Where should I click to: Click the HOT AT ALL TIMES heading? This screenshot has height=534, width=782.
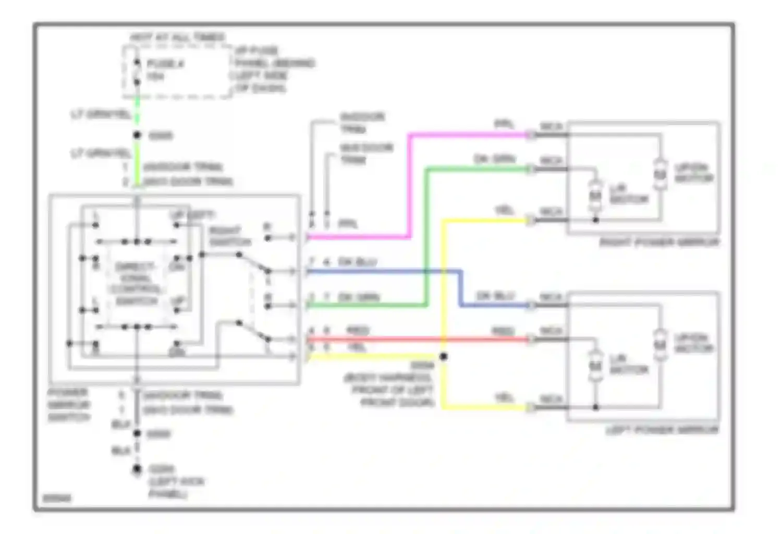coord(177,38)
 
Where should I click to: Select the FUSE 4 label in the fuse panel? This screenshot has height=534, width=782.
coord(165,64)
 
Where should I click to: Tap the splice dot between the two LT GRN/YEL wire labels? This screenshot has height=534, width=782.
coord(137,135)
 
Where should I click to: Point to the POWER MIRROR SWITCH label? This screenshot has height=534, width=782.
coord(69,405)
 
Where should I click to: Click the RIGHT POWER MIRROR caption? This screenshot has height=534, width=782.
coord(659,242)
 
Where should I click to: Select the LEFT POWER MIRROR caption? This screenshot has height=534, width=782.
coord(662,431)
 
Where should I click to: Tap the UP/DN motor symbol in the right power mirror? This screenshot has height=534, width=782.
coord(660,174)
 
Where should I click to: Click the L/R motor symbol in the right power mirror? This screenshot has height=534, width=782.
coord(595,195)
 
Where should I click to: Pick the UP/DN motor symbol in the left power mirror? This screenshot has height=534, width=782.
coord(660,345)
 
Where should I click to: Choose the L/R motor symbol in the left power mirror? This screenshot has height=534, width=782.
coord(595,366)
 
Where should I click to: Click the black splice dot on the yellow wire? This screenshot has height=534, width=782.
coord(444,357)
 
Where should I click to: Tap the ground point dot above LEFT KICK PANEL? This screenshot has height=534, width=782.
coord(137,469)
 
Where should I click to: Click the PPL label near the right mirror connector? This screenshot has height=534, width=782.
coord(504,125)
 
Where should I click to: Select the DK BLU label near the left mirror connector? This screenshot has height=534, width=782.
coord(495,296)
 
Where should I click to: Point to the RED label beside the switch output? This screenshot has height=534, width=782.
coord(358,331)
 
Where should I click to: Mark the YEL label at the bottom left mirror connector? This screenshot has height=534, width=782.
coord(504,398)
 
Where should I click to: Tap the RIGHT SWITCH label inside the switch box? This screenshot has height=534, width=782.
coord(230,236)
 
